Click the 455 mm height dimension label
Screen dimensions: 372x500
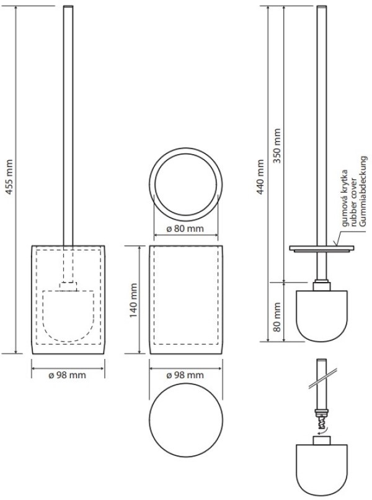click(9, 177)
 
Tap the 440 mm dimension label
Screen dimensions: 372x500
click(260, 177)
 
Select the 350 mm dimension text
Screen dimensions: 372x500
click(278, 146)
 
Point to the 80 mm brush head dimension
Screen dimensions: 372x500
click(277, 317)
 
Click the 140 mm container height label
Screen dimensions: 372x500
click(133, 300)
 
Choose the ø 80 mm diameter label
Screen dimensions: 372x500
click(185, 229)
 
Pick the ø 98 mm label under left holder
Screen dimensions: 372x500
click(67, 375)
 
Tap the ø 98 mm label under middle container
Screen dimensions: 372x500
click(185, 375)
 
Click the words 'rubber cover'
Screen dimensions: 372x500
click(353, 203)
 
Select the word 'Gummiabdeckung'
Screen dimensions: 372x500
click(363, 191)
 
